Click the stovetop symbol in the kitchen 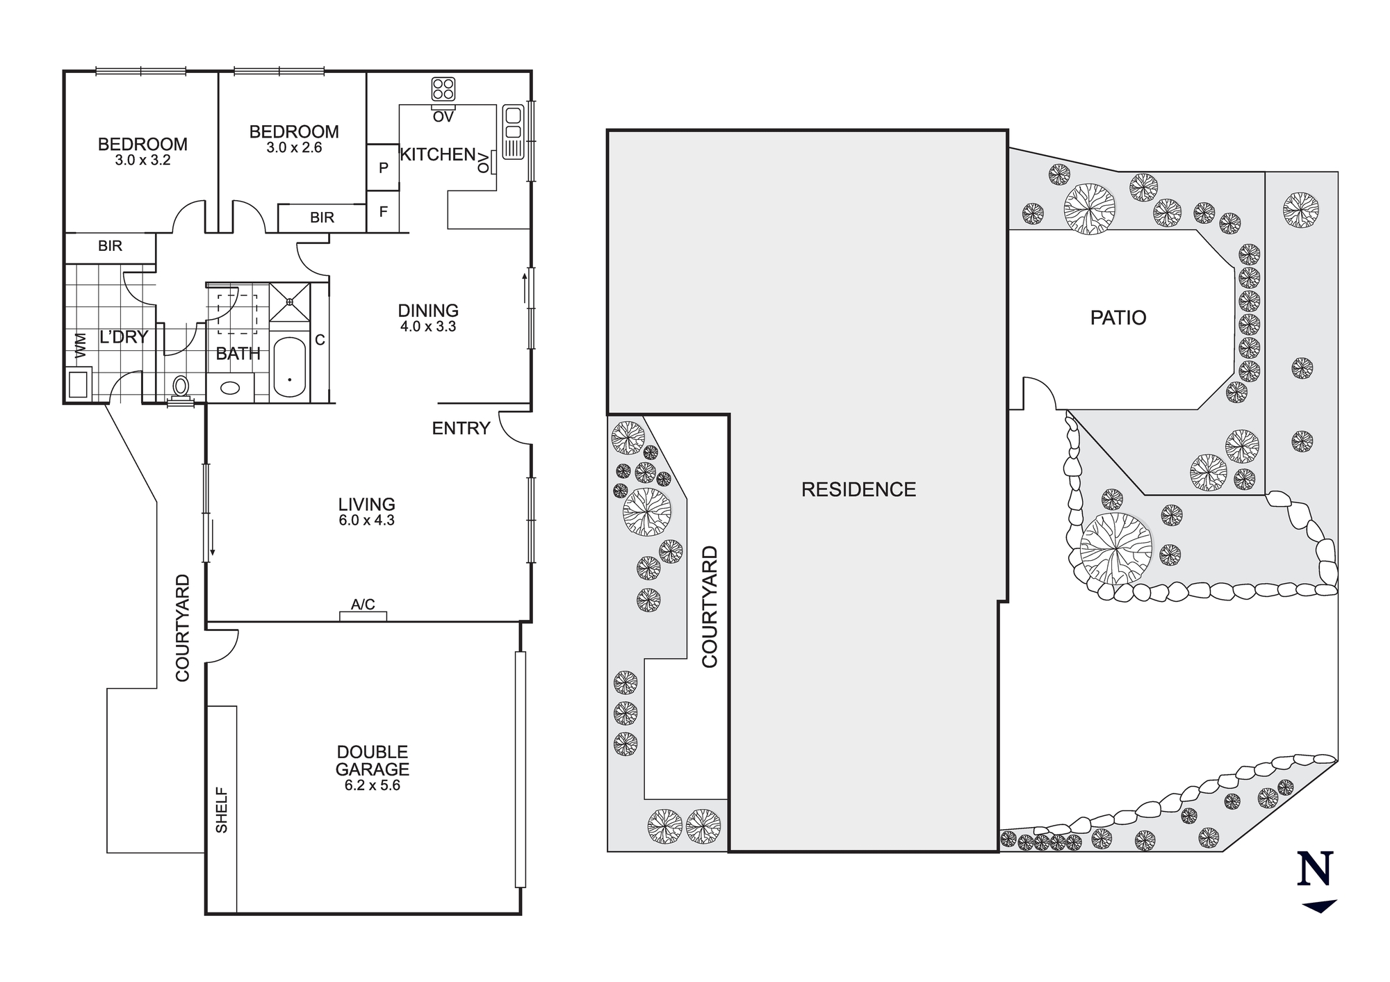click(443, 89)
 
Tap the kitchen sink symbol click(513, 131)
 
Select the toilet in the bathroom click(181, 386)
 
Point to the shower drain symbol click(289, 302)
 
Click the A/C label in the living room click(363, 605)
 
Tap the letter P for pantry click(383, 167)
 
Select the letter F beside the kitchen click(383, 212)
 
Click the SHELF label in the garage click(222, 810)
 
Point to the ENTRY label click(461, 428)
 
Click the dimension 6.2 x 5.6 click(372, 785)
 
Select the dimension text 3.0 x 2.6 click(294, 147)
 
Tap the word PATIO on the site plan click(1118, 318)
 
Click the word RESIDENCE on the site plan click(858, 489)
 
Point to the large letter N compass click(1314, 869)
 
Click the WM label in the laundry click(81, 346)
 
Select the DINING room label click(428, 311)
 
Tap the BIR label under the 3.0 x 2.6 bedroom click(322, 218)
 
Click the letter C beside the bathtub click(320, 340)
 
